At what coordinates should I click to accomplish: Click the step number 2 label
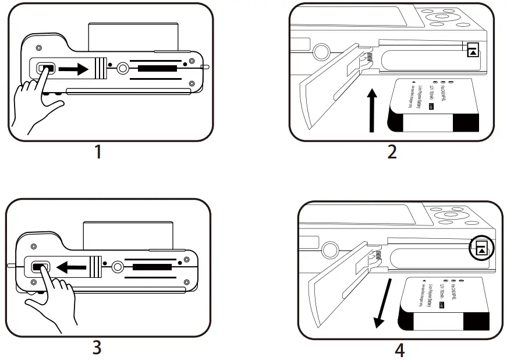(392, 153)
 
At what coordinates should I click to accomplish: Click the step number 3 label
(97, 348)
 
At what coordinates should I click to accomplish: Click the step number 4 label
(399, 350)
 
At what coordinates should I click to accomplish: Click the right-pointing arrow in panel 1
(73, 69)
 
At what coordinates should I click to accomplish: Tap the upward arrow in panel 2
(373, 111)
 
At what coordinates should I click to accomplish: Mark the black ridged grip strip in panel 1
(159, 69)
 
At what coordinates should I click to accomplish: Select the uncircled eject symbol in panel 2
(473, 50)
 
